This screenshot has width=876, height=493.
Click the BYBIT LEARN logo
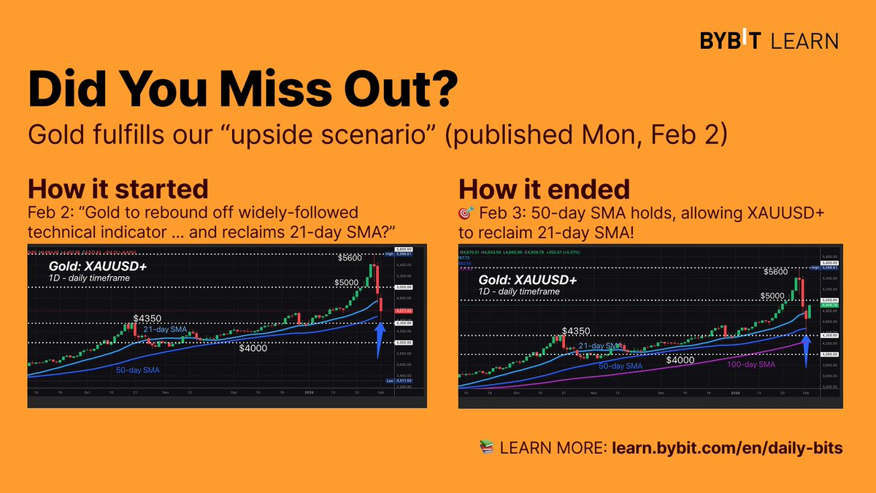coord(769,41)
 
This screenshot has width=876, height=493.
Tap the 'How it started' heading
coord(118,188)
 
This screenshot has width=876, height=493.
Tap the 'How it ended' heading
coord(544,189)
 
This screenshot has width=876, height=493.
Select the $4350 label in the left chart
coord(148,319)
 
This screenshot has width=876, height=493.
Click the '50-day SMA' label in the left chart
coord(137,370)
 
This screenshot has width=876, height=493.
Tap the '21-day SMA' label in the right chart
coord(599,345)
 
